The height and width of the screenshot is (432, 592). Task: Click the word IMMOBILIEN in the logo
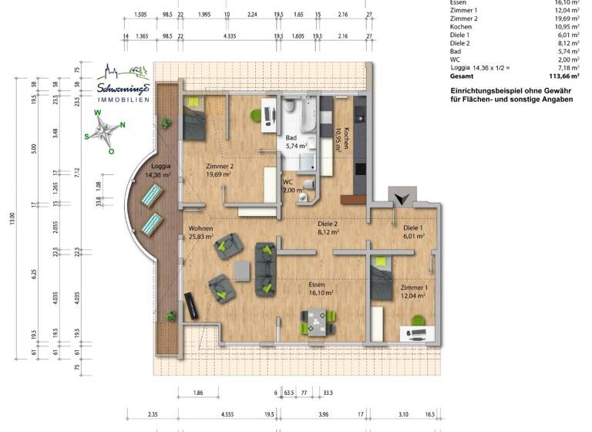(123, 100)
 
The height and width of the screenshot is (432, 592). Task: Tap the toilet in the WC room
(308, 184)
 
